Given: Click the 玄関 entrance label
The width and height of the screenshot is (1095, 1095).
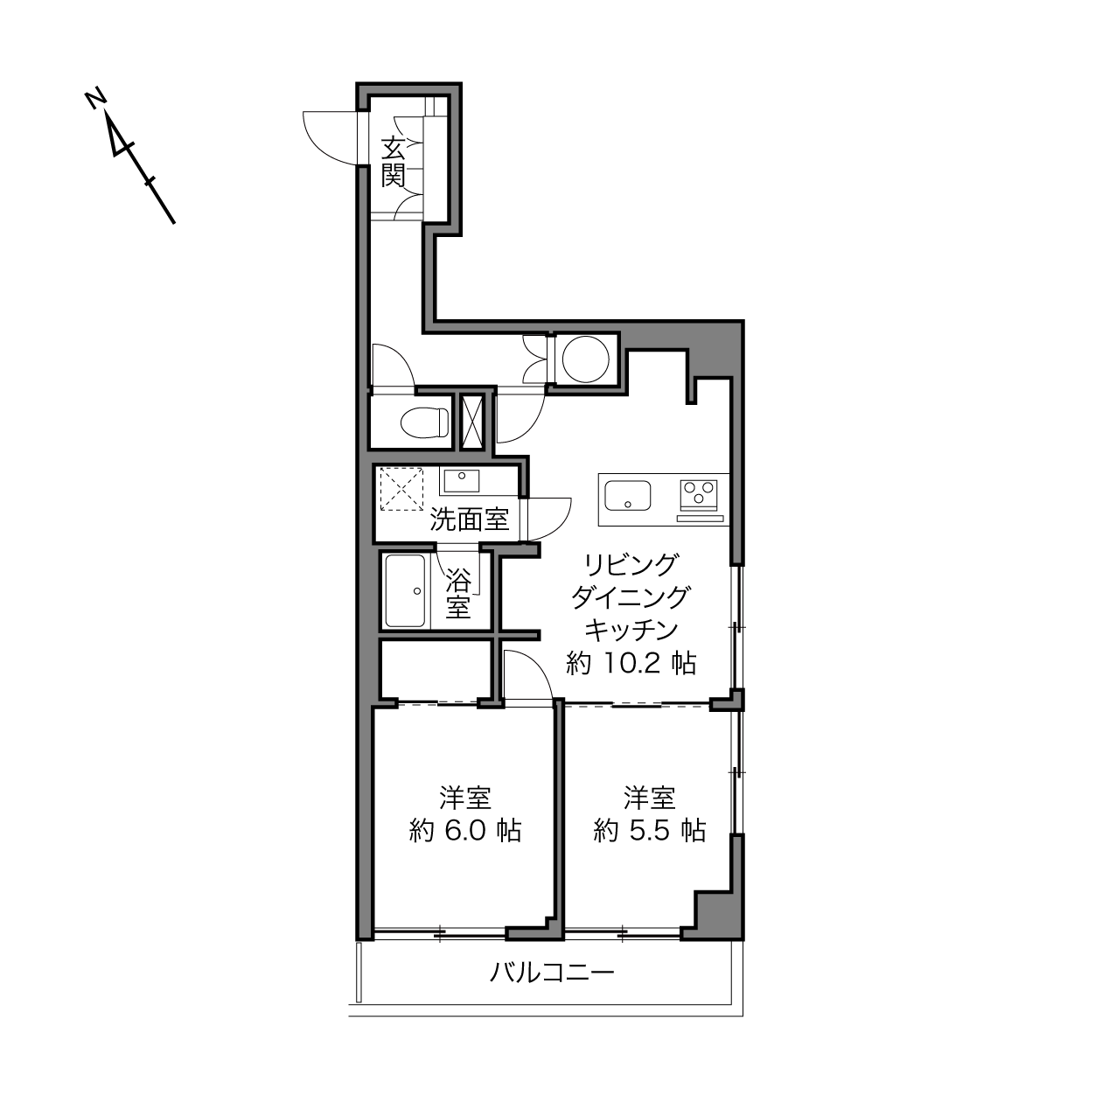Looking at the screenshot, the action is [393, 163].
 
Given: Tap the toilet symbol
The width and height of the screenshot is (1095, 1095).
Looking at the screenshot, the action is [423, 422].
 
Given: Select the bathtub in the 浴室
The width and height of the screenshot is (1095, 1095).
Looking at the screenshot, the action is [405, 591].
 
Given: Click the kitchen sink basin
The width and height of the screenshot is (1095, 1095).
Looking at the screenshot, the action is [627, 496].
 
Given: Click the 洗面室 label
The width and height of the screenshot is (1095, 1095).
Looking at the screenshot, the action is [469, 520].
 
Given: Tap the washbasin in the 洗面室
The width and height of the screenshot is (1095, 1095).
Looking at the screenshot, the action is [461, 481].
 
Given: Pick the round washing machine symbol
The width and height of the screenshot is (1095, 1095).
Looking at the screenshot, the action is [585, 359].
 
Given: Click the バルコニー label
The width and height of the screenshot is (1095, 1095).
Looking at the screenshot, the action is [552, 973].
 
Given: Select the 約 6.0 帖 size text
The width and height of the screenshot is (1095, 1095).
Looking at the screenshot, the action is [464, 832].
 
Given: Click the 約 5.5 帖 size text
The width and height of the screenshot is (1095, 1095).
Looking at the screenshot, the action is [650, 832].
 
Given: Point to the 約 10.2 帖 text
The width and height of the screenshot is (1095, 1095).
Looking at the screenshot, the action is [631, 663].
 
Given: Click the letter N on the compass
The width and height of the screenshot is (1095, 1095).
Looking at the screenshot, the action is [95, 99].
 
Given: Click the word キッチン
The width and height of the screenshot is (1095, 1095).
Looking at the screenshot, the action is [631, 631].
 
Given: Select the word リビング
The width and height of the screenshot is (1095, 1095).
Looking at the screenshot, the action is [631, 565].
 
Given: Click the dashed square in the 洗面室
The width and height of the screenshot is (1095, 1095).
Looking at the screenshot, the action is [401, 489].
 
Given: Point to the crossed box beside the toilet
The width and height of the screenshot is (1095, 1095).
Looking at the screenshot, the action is [472, 422].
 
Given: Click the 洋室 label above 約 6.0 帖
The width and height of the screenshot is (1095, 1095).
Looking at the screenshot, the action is [464, 799].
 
